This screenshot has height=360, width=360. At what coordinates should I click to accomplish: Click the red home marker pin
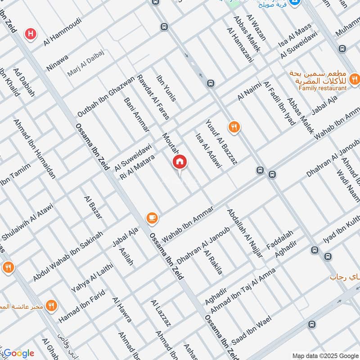tap(180, 162)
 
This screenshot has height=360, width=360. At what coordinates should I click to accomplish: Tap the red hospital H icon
tap(31, 33)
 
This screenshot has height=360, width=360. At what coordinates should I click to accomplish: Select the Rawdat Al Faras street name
tap(153, 97)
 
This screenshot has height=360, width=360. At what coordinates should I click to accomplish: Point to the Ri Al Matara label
tap(137, 167)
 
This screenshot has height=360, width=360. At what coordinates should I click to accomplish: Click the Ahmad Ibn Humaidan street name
tap(35, 148)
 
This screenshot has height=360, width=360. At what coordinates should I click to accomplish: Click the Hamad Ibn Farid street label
tap(82, 306)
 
